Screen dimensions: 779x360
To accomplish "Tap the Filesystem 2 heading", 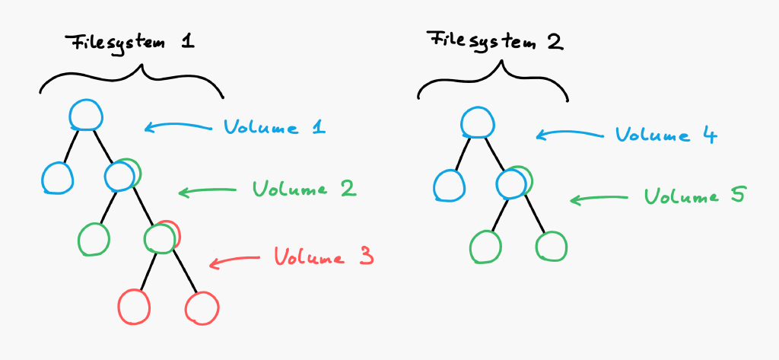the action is coord(496,41).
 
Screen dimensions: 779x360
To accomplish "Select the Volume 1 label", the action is coord(274,127).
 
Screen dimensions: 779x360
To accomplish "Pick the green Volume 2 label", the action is coord(304,189).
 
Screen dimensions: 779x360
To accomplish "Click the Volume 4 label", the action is coord(666,134).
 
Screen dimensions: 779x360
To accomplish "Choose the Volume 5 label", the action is coord(694,196).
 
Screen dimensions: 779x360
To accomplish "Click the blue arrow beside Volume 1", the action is coord(178,127).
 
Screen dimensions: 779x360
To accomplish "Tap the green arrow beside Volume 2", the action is coord(207,191).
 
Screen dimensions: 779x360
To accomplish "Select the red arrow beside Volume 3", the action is coord(234,260).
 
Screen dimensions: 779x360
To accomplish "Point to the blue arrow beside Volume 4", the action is coord(569,134).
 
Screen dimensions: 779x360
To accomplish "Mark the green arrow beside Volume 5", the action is coord(599,199).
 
